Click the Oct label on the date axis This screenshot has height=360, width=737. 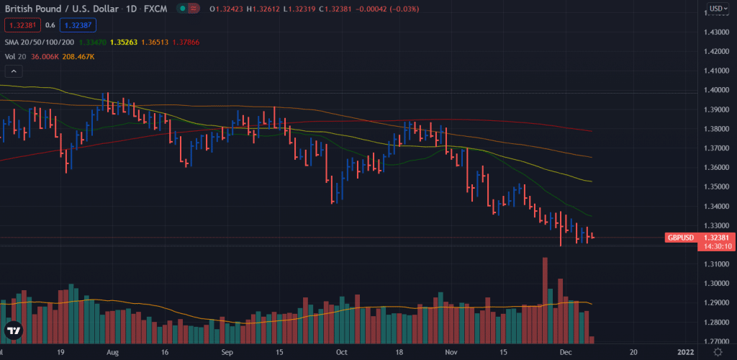tap(342, 353)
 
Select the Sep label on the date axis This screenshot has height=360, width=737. tap(227, 353)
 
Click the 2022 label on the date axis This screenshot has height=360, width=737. tap(684, 353)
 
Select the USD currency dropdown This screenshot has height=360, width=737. tap(716, 9)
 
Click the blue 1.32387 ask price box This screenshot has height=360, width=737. tap(77, 24)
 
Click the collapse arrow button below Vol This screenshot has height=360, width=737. tap(14, 71)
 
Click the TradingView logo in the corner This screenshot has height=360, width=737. tap(13, 331)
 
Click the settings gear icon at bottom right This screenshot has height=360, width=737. tap(718, 352)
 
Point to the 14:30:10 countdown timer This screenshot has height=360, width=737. tap(717, 246)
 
